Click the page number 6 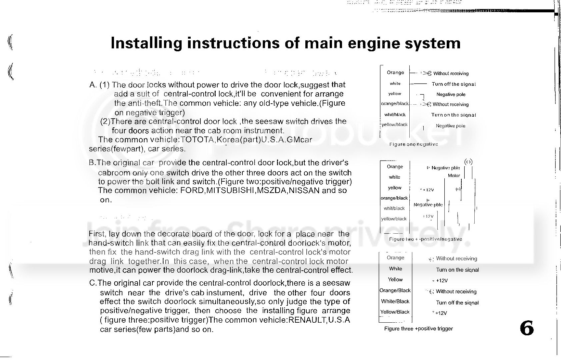point(527,328)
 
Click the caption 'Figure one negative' point(413,144)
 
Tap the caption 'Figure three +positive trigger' point(418,329)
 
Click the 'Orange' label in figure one point(395,73)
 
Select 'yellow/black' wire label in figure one point(395,125)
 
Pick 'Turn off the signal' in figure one point(454,84)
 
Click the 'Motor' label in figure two point(454,176)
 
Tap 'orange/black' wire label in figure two point(394,198)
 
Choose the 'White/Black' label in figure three point(395,301)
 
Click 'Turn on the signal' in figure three point(457,270)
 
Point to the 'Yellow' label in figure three point(395,280)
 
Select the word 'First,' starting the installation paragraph point(97,234)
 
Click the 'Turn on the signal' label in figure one point(454,115)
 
